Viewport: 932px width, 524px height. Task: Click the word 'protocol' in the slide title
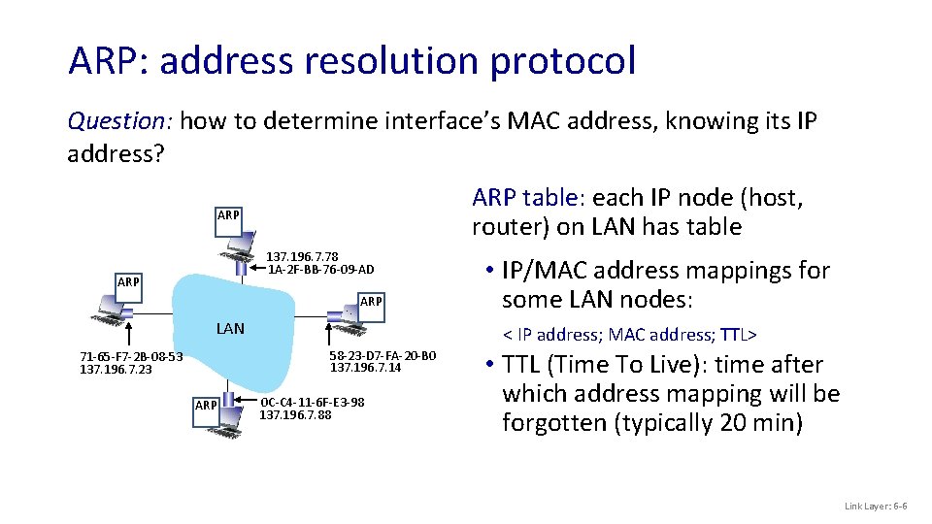coord(563,60)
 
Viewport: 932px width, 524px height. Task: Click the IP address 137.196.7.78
coord(302,256)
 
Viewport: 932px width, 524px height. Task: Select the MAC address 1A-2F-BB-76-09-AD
coord(320,269)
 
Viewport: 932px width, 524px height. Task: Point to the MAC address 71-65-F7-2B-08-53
coord(131,357)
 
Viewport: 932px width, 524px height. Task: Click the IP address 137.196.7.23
coord(116,369)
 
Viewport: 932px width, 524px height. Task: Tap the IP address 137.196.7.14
coord(366,367)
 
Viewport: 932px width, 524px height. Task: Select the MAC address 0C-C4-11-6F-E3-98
coord(313,402)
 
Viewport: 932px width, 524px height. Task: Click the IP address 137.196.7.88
coord(295,414)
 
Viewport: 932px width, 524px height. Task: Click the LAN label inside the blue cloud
coord(230,328)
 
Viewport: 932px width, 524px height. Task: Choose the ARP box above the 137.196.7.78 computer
coord(228,214)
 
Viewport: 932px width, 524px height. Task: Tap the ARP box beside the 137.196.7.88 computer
coord(206,405)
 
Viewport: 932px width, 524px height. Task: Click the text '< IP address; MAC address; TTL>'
coord(629,335)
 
